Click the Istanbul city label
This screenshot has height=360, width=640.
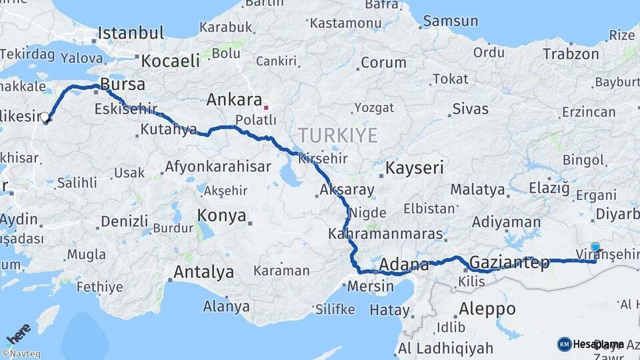131,33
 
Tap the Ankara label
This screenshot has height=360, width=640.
233,101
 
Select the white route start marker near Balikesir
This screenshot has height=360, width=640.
45,118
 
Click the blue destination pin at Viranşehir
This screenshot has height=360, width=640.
595,247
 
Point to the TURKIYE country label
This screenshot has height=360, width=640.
337,136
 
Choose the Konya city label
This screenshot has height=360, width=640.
222,217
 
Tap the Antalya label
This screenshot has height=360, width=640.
203,272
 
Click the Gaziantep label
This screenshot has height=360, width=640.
510,263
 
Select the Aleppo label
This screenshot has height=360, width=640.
487,309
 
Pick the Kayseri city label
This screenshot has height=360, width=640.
415,168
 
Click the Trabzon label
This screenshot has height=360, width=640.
571,54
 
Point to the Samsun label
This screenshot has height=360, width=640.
451,21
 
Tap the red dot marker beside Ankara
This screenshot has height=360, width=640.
266,107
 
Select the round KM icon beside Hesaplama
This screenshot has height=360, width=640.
564,344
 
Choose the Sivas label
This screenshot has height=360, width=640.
470,109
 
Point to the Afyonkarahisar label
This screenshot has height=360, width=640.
217,167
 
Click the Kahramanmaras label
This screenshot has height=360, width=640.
385,235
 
